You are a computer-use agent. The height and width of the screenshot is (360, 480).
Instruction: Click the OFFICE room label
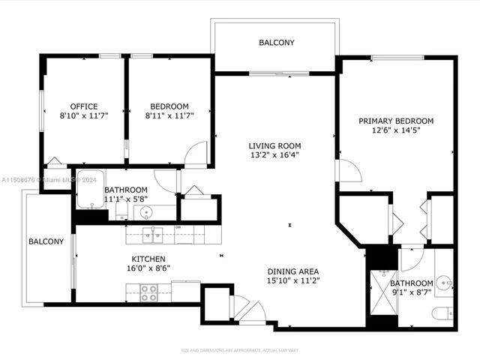point(84,106)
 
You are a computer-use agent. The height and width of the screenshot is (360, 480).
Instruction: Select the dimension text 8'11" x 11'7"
point(169,117)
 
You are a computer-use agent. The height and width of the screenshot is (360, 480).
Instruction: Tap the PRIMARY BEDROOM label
point(396,121)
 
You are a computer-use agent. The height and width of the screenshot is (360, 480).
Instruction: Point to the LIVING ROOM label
point(275,146)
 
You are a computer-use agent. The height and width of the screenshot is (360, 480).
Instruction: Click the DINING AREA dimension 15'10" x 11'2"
point(293,282)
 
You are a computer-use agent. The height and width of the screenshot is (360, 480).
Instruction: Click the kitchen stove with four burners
point(148,292)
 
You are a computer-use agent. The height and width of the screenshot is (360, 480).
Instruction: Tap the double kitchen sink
point(153,235)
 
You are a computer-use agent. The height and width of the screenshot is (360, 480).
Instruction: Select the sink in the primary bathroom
point(445,283)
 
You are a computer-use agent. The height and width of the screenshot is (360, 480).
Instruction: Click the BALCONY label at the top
point(277,43)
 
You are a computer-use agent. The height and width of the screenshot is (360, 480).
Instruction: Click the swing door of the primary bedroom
point(349,171)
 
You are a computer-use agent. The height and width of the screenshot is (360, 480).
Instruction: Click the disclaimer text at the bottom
point(240,350)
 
